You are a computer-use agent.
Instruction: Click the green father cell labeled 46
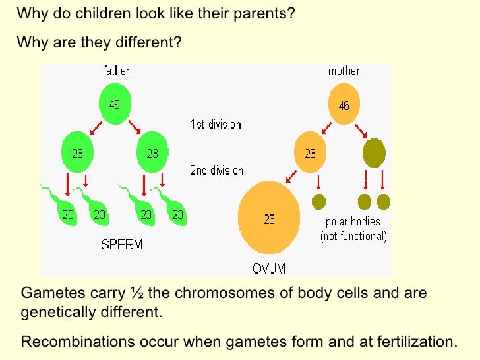tap(115, 104)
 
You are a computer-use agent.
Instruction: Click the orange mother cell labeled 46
tap(344, 104)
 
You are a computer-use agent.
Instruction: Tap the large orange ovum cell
tap(269, 219)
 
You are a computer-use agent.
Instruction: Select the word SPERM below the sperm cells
tap(122, 245)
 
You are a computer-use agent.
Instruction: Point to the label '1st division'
tap(216, 123)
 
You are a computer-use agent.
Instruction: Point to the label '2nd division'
tap(216, 170)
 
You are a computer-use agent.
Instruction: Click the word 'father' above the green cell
tap(116, 71)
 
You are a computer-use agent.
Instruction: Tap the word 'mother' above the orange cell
tap(344, 71)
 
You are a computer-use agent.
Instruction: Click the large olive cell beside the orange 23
tap(374, 153)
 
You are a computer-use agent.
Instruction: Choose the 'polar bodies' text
tap(353, 222)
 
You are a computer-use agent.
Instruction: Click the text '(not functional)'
tap(353, 236)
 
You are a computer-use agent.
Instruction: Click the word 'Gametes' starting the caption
tap(48, 293)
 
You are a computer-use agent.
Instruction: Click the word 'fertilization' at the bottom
tap(419, 342)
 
